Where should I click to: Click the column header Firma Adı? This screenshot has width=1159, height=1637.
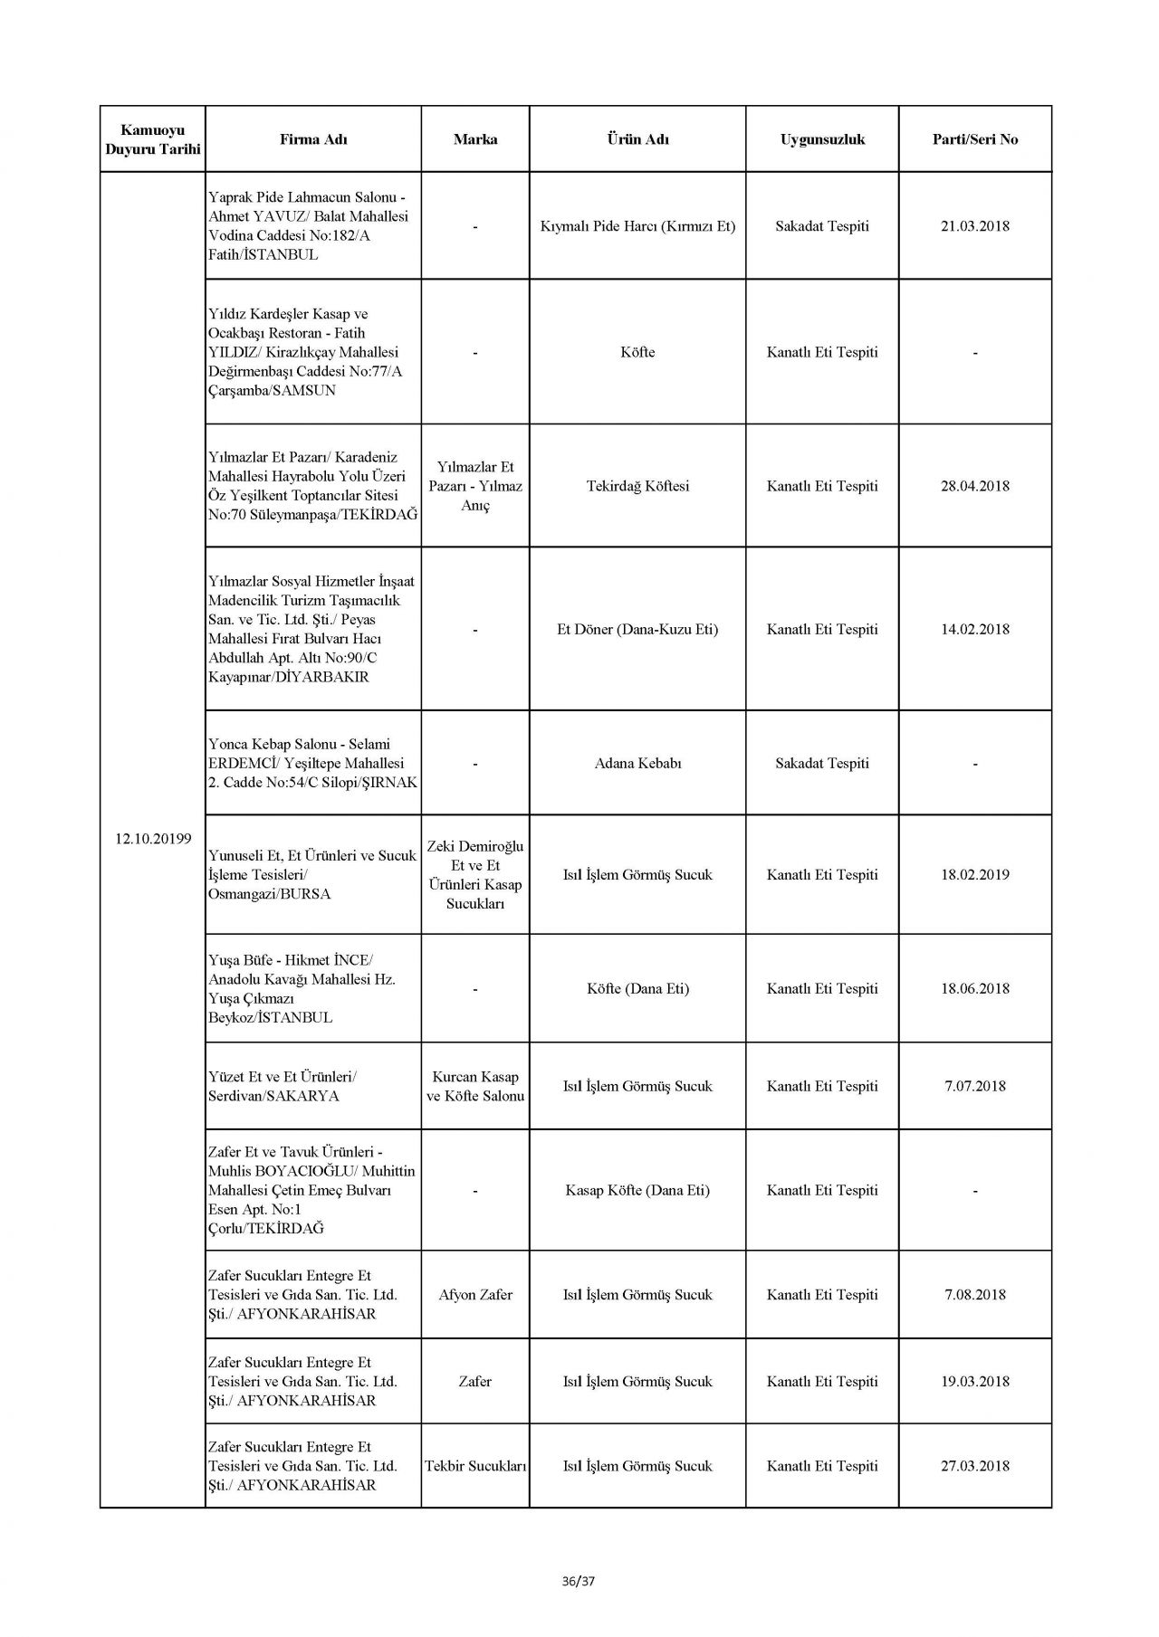pyautogui.click(x=313, y=139)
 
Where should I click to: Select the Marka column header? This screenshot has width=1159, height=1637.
pyautogui.click(x=475, y=139)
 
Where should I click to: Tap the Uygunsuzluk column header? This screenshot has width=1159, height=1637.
pyautogui.click(x=822, y=139)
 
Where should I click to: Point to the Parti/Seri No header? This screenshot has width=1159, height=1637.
pyautogui.click(x=975, y=139)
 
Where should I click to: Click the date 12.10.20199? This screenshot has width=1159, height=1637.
pyautogui.click(x=153, y=838)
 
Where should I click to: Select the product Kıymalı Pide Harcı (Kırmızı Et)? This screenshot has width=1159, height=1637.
pyautogui.click(x=637, y=225)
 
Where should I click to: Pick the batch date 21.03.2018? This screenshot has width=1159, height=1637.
pyautogui.click(x=975, y=225)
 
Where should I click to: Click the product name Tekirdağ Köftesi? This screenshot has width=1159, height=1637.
pyautogui.click(x=637, y=486)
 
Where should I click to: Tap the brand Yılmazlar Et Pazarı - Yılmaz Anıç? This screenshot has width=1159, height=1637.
pyautogui.click(x=475, y=486)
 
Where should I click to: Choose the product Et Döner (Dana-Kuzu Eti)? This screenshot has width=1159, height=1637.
pyautogui.click(x=637, y=629)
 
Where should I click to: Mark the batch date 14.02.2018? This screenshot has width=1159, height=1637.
pyautogui.click(x=975, y=629)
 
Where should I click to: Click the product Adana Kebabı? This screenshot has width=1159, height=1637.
pyautogui.click(x=637, y=763)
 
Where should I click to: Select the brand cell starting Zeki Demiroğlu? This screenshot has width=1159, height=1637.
pyautogui.click(x=475, y=874)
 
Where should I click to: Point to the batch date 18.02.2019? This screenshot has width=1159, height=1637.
pyautogui.click(x=975, y=874)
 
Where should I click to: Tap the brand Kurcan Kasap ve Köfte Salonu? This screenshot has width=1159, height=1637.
pyautogui.click(x=475, y=1086)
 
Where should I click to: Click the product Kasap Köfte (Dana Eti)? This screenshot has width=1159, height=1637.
pyautogui.click(x=637, y=1190)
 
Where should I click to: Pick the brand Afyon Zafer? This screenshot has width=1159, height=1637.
pyautogui.click(x=475, y=1295)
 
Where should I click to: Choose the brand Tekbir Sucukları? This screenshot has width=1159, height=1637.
pyautogui.click(x=475, y=1466)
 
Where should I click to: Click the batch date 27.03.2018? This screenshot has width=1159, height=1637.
pyautogui.click(x=975, y=1466)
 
